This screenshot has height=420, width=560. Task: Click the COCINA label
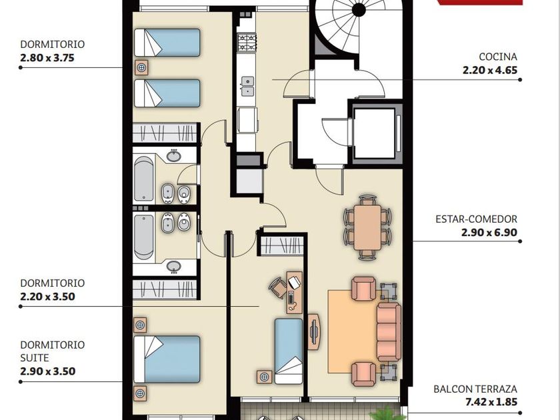point(498,57)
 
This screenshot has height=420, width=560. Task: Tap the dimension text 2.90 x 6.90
point(489,233)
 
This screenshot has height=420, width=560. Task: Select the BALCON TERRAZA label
point(475,389)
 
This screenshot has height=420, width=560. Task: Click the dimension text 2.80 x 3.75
point(47,58)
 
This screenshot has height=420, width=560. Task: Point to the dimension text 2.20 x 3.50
point(47,297)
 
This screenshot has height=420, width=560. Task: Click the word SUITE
point(35,358)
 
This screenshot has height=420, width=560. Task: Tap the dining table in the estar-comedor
point(367,227)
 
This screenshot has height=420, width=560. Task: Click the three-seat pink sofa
point(389,332)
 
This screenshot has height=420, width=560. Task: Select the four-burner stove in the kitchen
point(247,43)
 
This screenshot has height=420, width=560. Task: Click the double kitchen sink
point(247,87)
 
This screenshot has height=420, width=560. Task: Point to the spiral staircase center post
point(359,10)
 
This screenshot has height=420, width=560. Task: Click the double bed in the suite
point(167,359)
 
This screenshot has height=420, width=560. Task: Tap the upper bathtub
point(144,179)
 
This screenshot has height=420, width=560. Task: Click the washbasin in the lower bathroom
point(174,266)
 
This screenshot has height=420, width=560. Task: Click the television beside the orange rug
point(314,332)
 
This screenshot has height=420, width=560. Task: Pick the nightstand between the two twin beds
point(142,67)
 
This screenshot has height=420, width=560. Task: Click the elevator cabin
point(374,133)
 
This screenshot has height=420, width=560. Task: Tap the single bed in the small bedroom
point(289,351)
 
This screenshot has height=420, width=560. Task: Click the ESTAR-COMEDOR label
point(476,219)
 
